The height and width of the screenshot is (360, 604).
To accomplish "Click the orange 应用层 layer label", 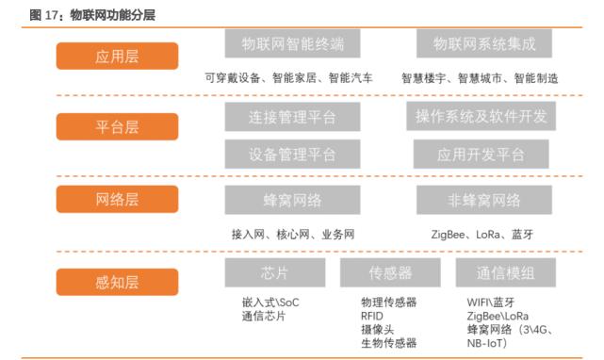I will point(117,56).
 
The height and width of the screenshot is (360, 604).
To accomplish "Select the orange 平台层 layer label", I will point(117,127).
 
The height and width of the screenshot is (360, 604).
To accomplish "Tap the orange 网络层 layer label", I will point(117,199).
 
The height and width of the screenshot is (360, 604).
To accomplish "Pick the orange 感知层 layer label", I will point(117,281).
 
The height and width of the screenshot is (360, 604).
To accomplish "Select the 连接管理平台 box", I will point(292,117).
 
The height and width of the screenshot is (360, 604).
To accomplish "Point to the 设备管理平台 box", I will point(292,155).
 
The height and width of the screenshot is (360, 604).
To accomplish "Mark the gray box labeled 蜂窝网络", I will point(292,199).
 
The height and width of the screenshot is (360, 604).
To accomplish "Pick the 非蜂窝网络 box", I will point(484,199).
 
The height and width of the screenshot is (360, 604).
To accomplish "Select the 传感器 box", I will point(390,272).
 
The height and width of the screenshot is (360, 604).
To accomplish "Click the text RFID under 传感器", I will point(372,317).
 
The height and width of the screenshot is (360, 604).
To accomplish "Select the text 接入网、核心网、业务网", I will point(293,234).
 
